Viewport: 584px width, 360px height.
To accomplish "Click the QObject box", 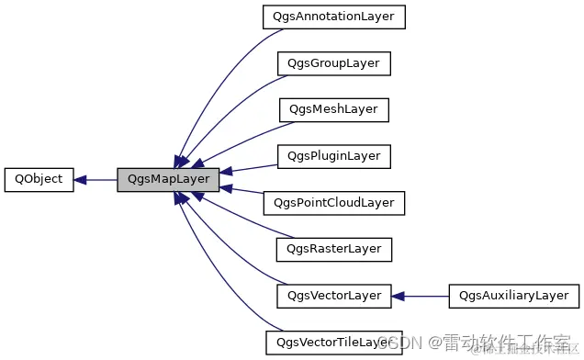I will point(39,179).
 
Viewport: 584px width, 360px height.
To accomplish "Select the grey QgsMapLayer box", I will point(168,179).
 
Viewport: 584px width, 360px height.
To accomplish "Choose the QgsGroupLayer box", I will point(334,63).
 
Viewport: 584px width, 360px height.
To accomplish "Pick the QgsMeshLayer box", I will point(333,109).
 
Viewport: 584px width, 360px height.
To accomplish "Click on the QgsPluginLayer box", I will point(334,156).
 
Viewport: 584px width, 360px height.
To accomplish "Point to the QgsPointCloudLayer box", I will point(333,202).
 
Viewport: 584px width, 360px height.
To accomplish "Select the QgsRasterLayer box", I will point(334,249).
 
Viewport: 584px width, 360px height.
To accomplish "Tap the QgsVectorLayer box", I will point(334,296).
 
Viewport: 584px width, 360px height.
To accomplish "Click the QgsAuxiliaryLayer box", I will point(514,296).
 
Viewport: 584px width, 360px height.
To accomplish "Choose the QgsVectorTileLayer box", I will point(333,343).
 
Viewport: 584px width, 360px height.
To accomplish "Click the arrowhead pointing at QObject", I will point(81,179).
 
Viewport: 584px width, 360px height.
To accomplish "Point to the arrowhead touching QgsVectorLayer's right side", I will point(399,296).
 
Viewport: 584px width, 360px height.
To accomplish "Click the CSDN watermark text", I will point(399,343).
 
